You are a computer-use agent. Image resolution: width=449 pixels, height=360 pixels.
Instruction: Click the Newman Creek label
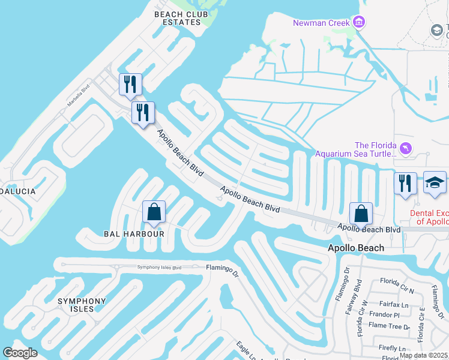322,23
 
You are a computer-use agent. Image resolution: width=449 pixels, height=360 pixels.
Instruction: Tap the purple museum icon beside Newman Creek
359,23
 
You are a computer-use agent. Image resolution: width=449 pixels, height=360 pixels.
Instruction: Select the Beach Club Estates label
177,18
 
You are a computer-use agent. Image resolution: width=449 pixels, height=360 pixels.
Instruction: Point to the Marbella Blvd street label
77,97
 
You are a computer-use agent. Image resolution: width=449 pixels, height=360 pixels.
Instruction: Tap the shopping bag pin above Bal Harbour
154,212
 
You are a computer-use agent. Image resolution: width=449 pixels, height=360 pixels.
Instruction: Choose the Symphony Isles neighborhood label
82,305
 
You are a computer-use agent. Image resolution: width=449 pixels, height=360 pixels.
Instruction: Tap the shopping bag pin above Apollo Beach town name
361,214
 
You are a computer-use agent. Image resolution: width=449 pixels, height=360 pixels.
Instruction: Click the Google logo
20,353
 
